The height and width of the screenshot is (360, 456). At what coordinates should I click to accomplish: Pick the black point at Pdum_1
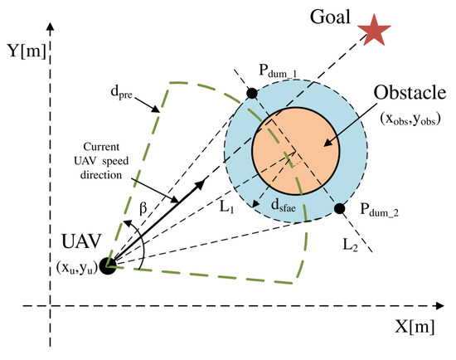click(252, 92)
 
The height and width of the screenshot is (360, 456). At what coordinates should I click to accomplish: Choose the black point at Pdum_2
click(340, 210)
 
